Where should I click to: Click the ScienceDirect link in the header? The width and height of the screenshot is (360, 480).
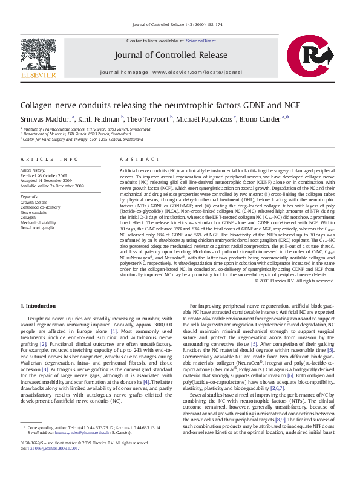201,41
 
